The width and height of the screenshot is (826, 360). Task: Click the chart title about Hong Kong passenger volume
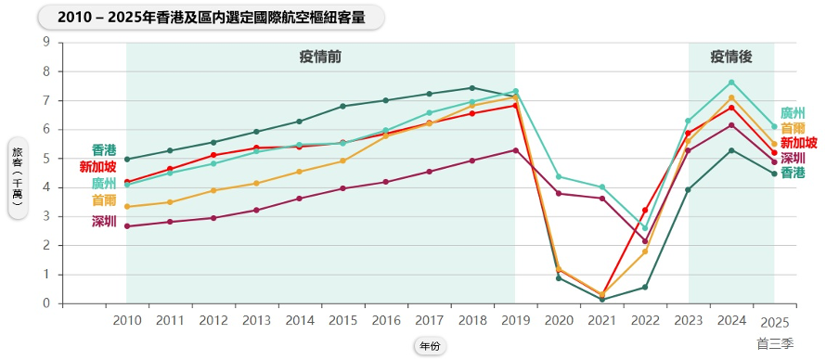coord(212,18)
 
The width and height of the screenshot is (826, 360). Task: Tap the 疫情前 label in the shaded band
coord(320,58)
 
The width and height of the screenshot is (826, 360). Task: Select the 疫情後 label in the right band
coord(730,58)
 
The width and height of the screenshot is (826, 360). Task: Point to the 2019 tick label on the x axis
coord(515,320)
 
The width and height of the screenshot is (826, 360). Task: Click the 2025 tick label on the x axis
coord(774,322)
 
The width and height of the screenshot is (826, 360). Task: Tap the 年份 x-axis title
coord(430,346)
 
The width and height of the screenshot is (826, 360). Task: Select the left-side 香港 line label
coord(104,150)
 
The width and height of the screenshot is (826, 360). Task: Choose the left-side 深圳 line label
coord(104,222)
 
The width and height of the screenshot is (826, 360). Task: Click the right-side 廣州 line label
coord(793,113)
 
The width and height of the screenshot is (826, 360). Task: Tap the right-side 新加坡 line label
coord(798,143)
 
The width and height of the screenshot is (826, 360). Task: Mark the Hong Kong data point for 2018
coord(472,88)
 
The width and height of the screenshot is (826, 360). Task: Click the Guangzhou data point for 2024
coord(731,82)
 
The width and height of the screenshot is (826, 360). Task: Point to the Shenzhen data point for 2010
coord(126,226)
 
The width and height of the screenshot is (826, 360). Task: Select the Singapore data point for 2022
coord(645,210)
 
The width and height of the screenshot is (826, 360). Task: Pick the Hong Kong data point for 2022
coord(645,288)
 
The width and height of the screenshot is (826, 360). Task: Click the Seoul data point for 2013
coord(256,183)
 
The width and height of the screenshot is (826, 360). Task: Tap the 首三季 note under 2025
coord(775,343)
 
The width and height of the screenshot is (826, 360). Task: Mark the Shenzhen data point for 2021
coord(601,199)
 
